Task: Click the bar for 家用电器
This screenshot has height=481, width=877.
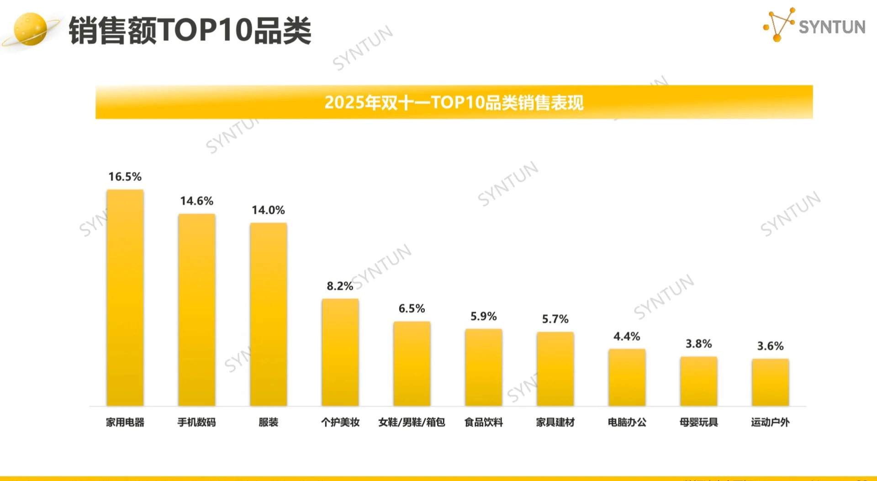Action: coord(125,297)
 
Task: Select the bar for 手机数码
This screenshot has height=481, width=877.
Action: coord(196,310)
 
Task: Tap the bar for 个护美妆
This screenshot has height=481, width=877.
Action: coord(340,352)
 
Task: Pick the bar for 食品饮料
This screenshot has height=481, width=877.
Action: coord(483,367)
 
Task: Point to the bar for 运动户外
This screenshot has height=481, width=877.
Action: coord(770,382)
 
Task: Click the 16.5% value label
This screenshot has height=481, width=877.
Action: coord(125,177)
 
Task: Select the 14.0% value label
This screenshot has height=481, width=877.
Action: coord(268,210)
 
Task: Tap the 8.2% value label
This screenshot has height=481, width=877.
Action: coord(339,286)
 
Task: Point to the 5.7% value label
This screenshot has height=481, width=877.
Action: coord(555,319)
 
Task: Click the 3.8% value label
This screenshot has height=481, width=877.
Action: coord(698,344)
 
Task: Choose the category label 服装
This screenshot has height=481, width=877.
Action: coord(268,422)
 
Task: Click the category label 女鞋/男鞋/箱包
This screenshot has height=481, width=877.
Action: coord(412,422)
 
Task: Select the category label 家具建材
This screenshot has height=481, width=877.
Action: coord(555,422)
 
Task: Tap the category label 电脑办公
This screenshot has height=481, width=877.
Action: coord(627,422)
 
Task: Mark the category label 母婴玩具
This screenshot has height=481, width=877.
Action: coord(698,422)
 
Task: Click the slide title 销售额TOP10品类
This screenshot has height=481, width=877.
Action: coord(190,31)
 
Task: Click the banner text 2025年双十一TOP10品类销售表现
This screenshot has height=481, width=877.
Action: coord(454,102)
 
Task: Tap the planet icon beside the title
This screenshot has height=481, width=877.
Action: coord(30,29)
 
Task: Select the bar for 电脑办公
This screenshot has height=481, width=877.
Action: coord(627,377)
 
